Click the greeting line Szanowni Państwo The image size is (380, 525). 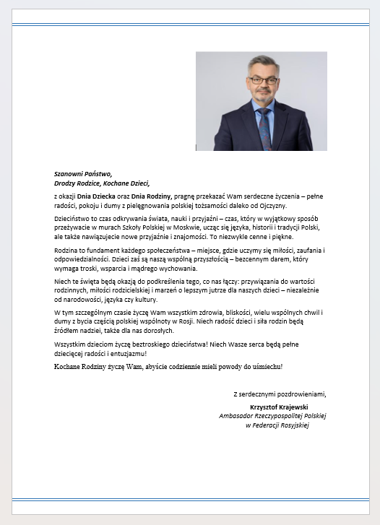[x=83, y=174]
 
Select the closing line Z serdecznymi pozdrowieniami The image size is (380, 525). [x=280, y=394]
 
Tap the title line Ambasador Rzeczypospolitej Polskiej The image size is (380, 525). [x=273, y=416]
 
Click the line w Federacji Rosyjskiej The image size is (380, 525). [x=277, y=425]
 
